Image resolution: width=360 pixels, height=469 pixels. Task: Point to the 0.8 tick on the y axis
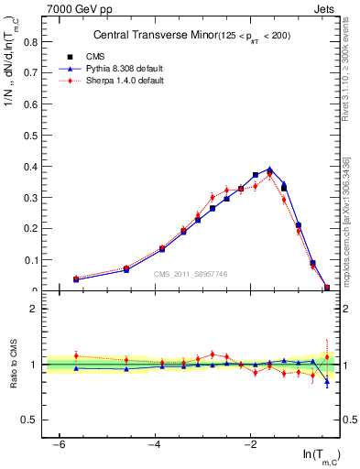(x=33, y=41)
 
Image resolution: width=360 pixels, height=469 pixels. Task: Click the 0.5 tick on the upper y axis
(x=33, y=135)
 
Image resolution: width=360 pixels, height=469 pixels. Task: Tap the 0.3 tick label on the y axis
(x=33, y=197)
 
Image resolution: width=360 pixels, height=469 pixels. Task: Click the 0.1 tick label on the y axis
(x=33, y=259)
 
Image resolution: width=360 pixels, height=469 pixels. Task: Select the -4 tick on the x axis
(x=155, y=443)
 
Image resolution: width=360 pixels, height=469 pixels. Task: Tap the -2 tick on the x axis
(x=250, y=443)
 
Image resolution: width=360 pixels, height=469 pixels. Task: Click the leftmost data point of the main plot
(x=76, y=278)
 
